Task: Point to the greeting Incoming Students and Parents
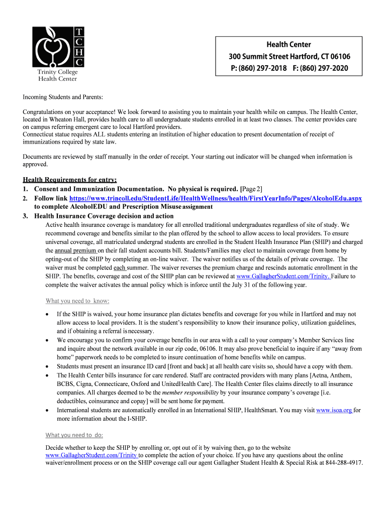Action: click(x=63, y=96)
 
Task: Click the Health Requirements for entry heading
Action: click(x=70, y=180)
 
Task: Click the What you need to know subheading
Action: click(x=77, y=301)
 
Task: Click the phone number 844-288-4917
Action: click(x=344, y=462)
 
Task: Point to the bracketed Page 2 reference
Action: click(x=251, y=189)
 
